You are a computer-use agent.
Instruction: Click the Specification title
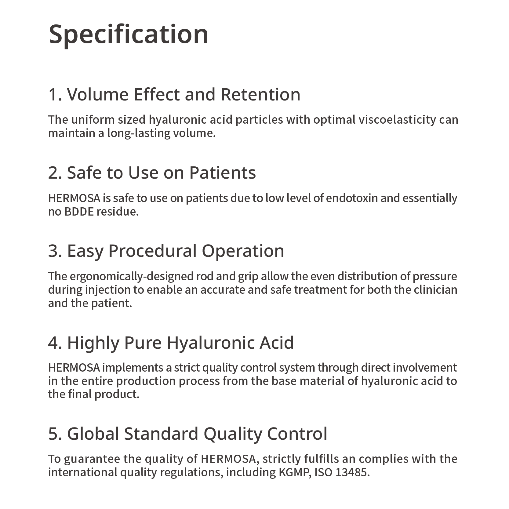[129, 35]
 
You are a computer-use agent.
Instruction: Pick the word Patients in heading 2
[223, 173]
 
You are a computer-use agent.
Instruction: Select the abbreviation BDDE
[79, 212]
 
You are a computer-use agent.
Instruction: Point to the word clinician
[435, 290]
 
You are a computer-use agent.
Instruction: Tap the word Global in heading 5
[93, 434]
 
